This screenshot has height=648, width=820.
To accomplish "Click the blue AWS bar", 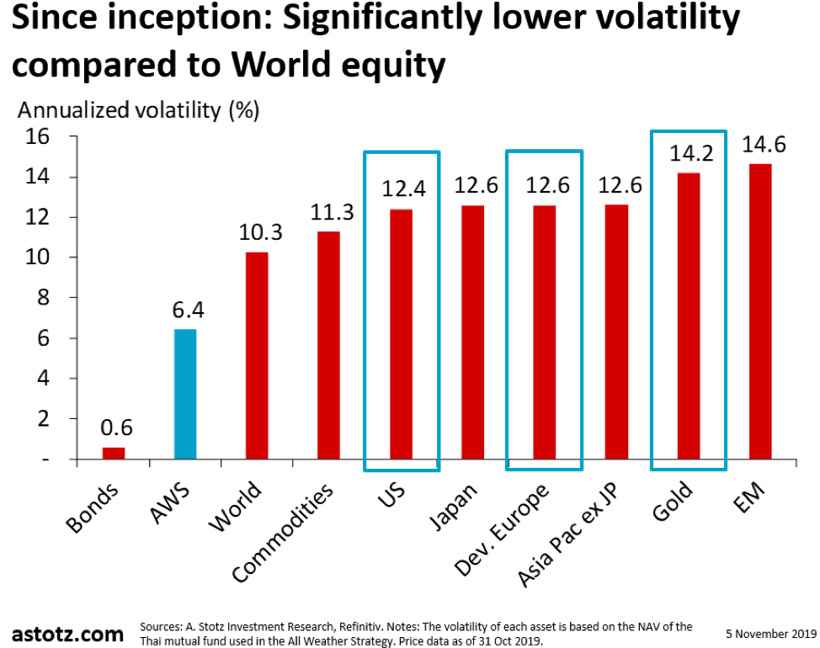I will pyautogui.click(x=185, y=394).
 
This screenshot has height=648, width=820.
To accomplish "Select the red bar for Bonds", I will pyautogui.click(x=114, y=454).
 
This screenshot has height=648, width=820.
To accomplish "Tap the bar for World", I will pyautogui.click(x=257, y=355).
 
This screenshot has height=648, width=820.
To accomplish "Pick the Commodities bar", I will pyautogui.click(x=328, y=345).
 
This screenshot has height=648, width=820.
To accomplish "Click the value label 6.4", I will pyautogui.click(x=186, y=311).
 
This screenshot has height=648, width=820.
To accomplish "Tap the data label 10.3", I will pyautogui.click(x=257, y=232).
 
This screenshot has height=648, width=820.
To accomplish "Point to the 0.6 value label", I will pyautogui.click(x=114, y=428).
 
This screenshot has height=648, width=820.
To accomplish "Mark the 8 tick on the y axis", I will pyautogui.click(x=42, y=298).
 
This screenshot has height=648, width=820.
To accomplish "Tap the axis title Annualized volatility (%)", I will pyautogui.click(x=139, y=110).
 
